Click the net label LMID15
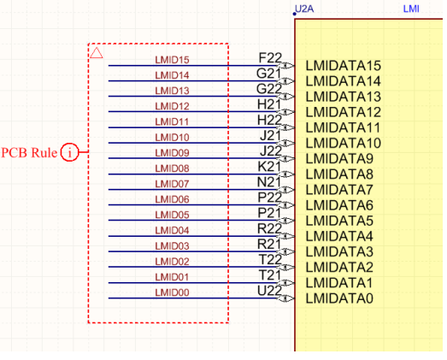[172, 60]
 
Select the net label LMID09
[172, 153]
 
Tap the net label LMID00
[172, 292]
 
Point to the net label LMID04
[172, 230]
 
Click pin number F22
[270, 58]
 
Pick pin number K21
[269, 167]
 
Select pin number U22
[269, 291]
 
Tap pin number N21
[269, 182]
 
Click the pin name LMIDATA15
[344, 66]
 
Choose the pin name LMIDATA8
[339, 174]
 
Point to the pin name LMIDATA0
[339, 298]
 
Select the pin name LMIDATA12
[344, 112]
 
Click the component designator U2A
[304, 9]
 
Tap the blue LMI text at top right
[411, 9]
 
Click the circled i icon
[69, 152]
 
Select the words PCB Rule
[29, 152]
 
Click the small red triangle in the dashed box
[97, 53]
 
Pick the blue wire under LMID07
[192, 190]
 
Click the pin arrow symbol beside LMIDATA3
[286, 251]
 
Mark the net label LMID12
[172, 106]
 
